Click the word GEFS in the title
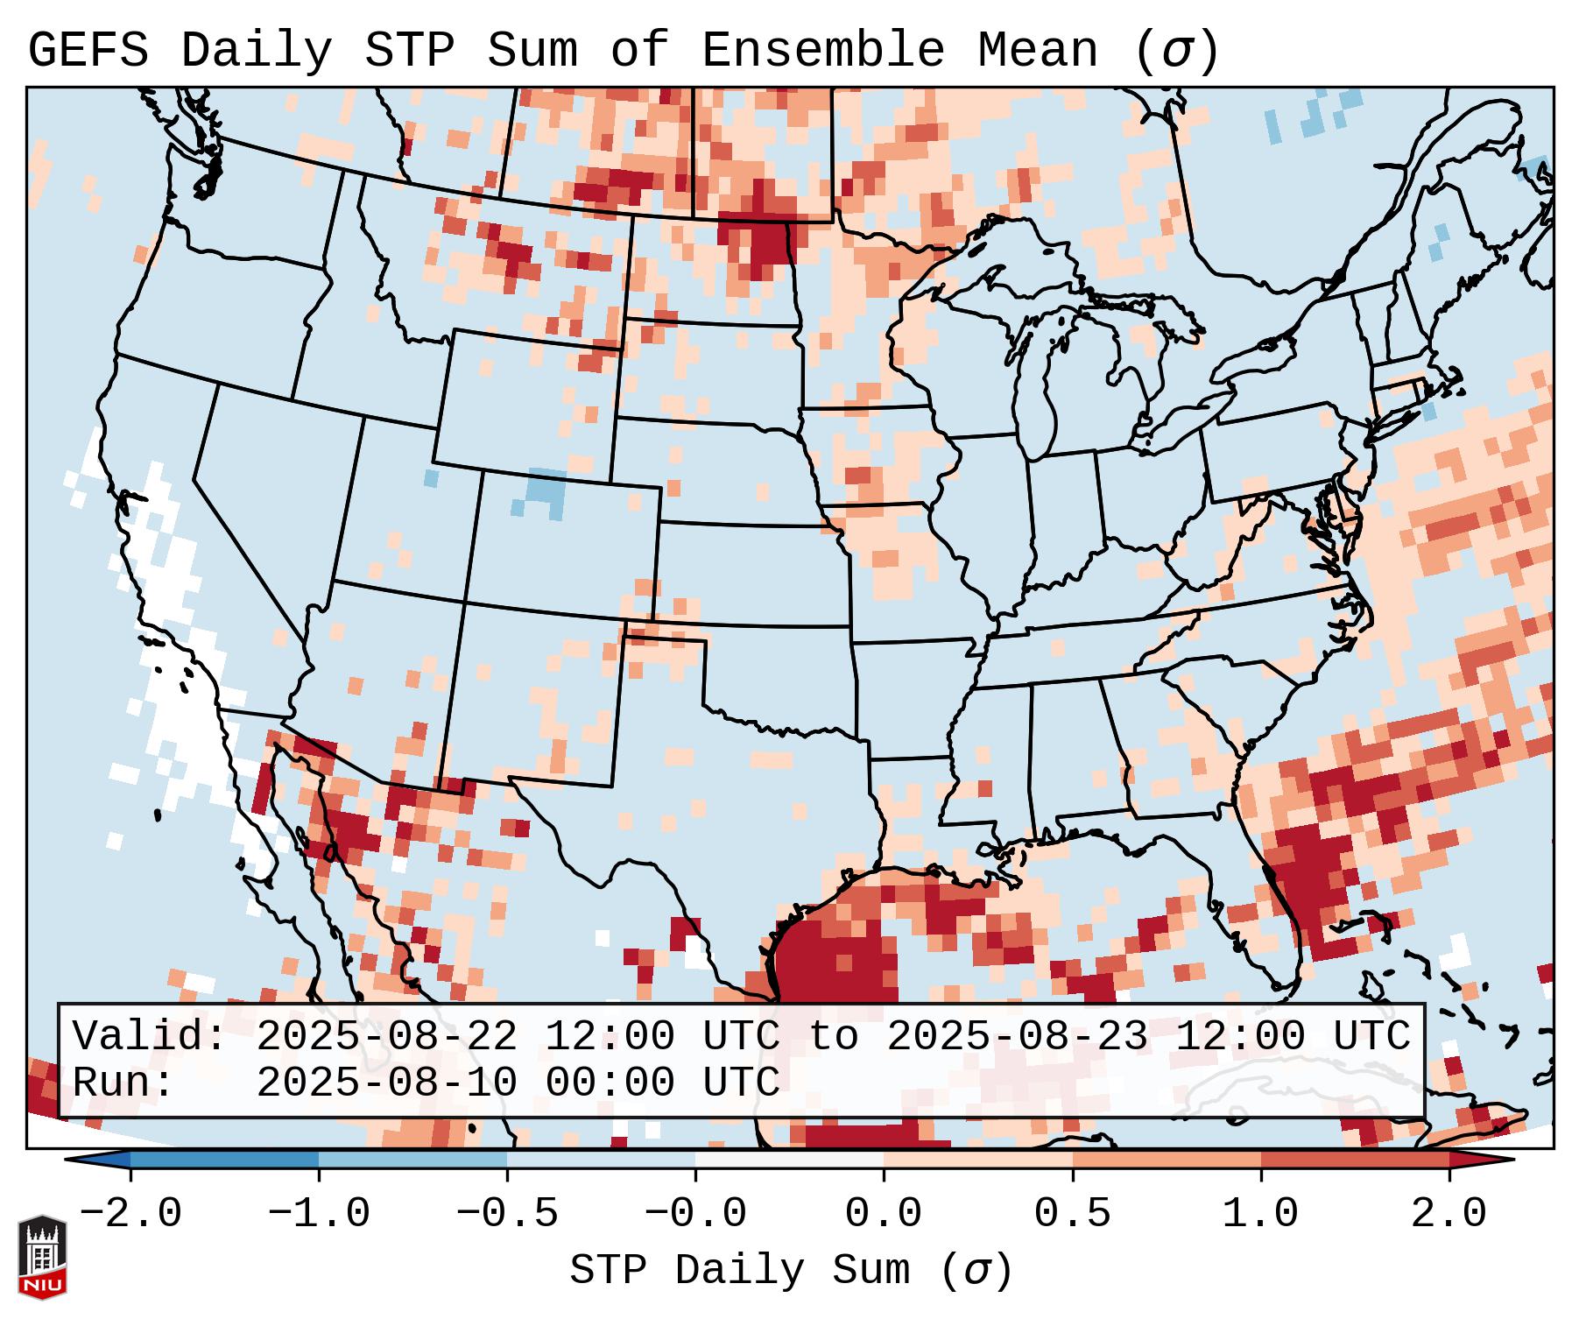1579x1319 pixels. tap(88, 51)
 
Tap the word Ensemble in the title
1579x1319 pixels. tap(823, 51)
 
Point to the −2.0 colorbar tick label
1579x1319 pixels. tap(130, 1214)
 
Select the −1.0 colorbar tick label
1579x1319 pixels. tap(319, 1214)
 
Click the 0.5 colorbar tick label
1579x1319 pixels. tap(1072, 1214)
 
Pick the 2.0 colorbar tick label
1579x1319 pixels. tap(1449, 1214)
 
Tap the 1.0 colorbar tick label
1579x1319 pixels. tap(1260, 1214)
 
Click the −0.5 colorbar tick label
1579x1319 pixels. tap(507, 1214)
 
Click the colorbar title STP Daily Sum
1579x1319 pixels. tap(740, 1271)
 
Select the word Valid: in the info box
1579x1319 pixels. tap(150, 1037)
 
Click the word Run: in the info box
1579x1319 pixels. tap(123, 1083)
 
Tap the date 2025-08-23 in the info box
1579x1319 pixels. tap(1017, 1037)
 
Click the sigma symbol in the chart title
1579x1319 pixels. tap(1176, 51)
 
